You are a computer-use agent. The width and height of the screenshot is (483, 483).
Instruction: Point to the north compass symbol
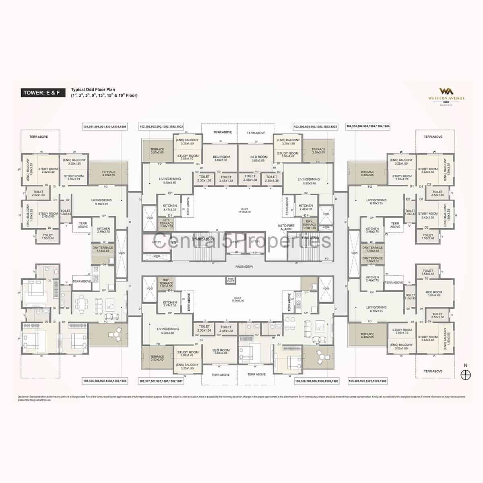pos(466,372)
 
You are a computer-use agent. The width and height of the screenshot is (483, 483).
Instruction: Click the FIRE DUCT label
pos(231,280)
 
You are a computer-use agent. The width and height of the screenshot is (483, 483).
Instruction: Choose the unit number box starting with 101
pos(105,126)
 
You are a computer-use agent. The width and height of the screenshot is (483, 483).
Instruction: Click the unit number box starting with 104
pos(368,126)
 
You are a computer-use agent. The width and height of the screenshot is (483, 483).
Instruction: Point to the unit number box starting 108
pos(105,380)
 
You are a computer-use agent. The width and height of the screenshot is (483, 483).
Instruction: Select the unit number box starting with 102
pos(161,126)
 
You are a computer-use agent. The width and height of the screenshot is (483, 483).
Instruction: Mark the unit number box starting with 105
pos(369,380)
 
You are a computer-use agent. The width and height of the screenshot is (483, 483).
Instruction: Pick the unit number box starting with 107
pos(161,380)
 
